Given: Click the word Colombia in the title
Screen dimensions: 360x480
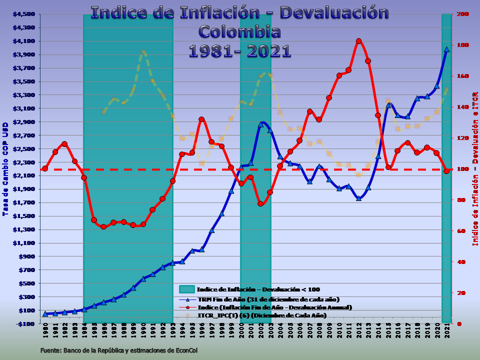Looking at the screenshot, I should tap(239, 31).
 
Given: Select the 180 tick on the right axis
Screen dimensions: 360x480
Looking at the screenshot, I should tap(463, 45).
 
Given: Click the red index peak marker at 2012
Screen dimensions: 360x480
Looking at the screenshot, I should tap(358, 41).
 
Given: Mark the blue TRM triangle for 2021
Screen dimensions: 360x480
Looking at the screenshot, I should tap(446, 49).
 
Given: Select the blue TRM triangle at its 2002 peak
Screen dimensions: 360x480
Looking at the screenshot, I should tap(260, 124).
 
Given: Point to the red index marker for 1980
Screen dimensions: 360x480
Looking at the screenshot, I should tap(45, 168).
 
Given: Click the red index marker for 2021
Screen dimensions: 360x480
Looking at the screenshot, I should tap(446, 171).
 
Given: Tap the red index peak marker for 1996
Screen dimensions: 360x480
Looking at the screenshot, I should tap(201, 119).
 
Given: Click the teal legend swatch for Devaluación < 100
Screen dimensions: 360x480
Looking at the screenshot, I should tap(186, 289).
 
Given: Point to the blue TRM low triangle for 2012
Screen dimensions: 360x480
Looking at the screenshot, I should tap(358, 198).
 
